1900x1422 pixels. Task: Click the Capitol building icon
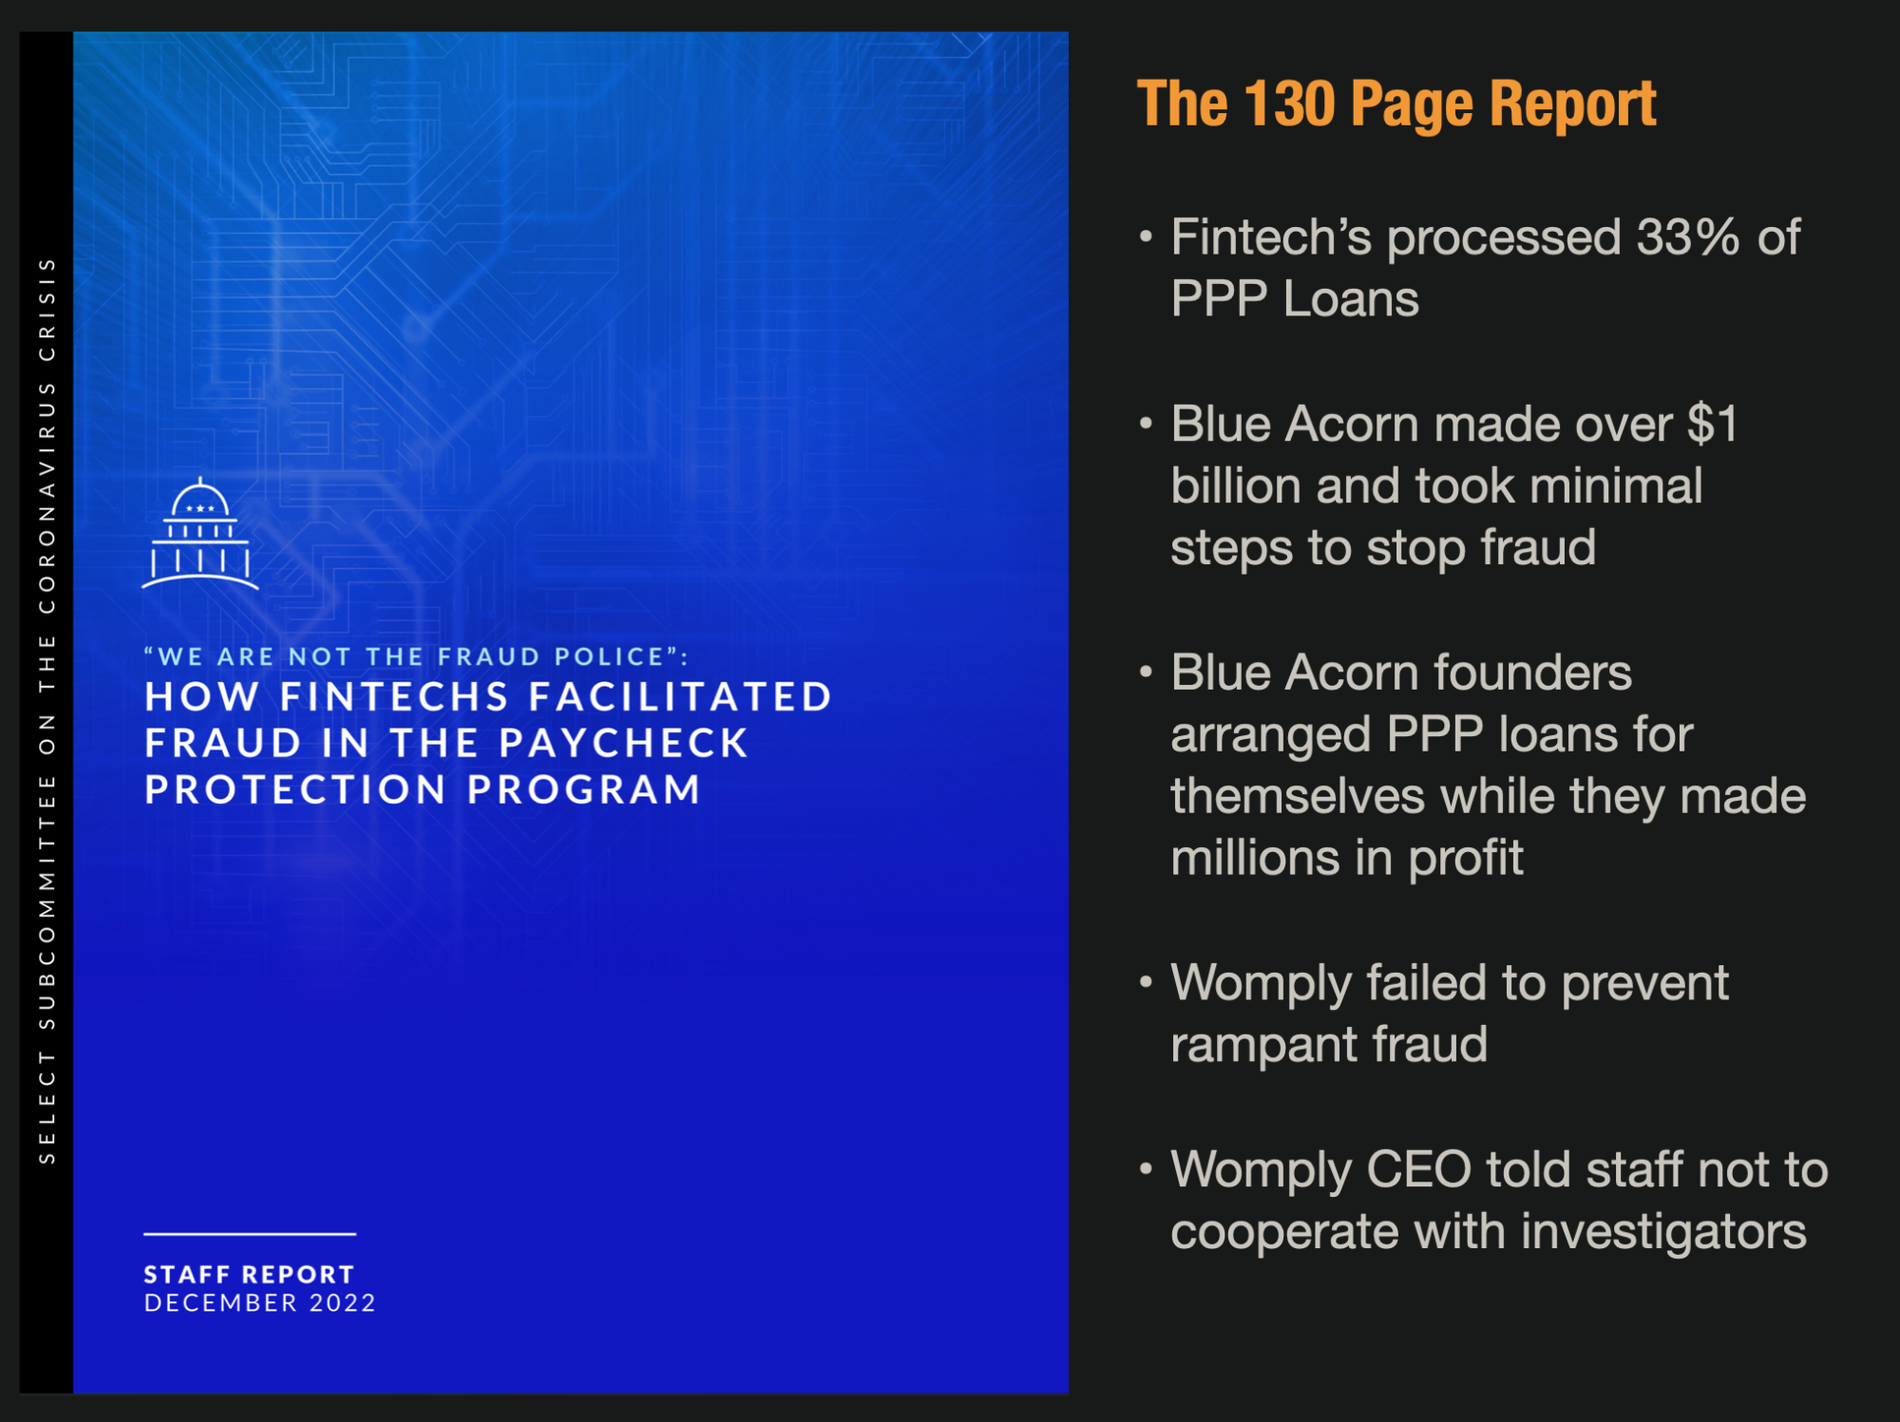(200, 534)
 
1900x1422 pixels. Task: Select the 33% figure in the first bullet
(1688, 237)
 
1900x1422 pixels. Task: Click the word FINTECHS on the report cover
(394, 697)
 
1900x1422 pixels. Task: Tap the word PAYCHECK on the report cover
(624, 743)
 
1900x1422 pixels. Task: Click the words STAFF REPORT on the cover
(249, 1275)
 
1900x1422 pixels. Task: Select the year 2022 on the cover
(342, 1302)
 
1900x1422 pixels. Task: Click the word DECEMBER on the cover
(220, 1302)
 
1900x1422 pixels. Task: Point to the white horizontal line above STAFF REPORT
(250, 1234)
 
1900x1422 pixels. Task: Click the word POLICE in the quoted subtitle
(609, 656)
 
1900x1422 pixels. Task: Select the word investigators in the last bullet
(1663, 1232)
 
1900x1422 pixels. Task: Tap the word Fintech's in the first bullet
(1271, 237)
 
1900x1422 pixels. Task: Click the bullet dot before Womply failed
(1146, 981)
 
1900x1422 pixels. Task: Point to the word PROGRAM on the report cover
(583, 789)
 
